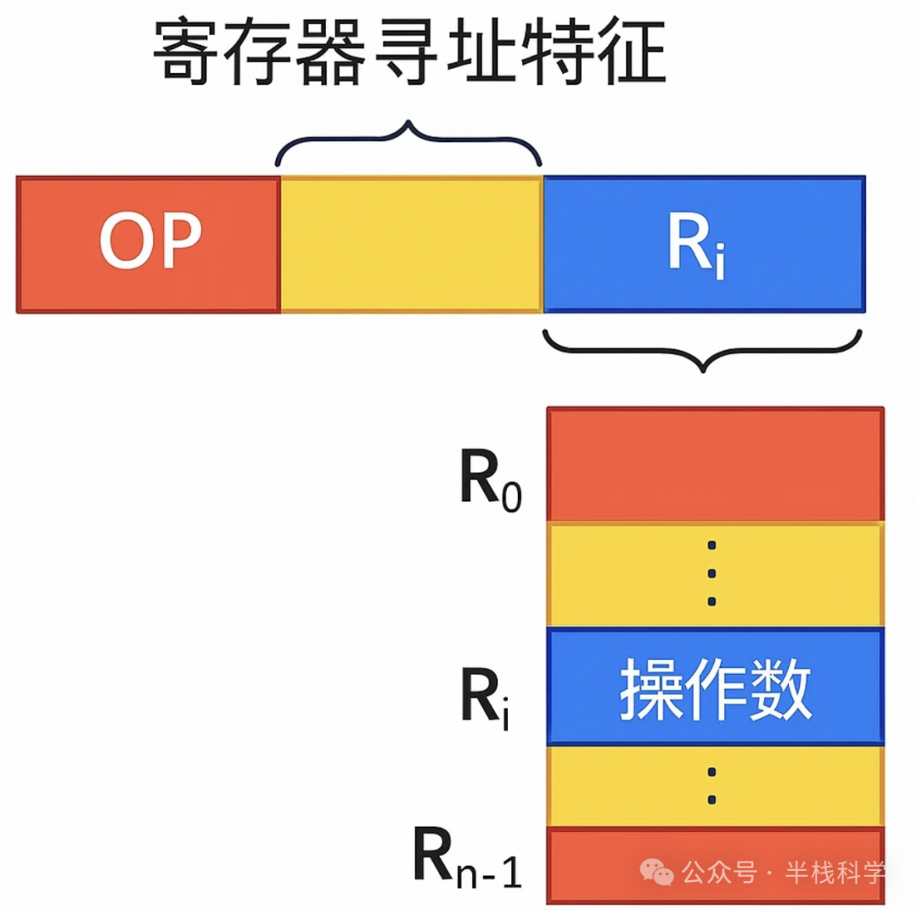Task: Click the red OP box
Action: (149, 245)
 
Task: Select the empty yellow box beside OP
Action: (411, 245)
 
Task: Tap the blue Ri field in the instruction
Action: (704, 245)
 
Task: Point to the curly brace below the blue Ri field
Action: (702, 348)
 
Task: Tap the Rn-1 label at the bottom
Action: (468, 862)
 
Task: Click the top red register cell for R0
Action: (715, 464)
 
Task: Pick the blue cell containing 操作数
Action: (715, 686)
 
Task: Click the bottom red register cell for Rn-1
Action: (715, 865)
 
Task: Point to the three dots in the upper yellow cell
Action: (712, 574)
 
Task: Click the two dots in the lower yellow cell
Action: (712, 786)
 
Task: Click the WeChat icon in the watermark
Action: (658, 871)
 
